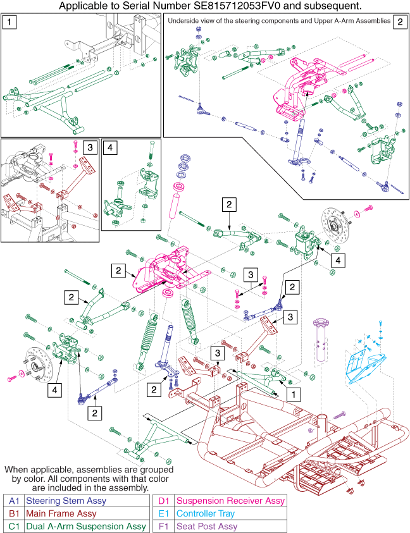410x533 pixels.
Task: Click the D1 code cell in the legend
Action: tap(161, 499)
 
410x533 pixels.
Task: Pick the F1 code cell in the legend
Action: tap(161, 525)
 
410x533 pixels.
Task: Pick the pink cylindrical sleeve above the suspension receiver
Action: tap(170, 217)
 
